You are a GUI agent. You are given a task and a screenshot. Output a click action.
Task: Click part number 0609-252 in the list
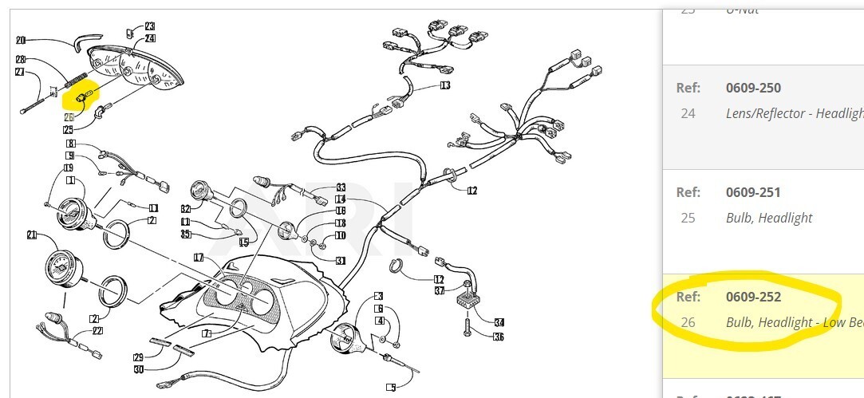tap(753, 298)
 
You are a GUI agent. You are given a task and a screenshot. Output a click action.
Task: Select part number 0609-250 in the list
tap(753, 88)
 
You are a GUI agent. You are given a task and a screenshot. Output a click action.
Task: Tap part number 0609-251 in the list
tap(753, 192)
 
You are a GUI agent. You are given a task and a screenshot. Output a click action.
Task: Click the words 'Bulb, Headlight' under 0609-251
tap(769, 218)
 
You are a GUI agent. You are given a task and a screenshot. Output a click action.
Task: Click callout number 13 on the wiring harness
tap(444, 85)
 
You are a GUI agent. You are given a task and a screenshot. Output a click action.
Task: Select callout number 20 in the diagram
tap(21, 40)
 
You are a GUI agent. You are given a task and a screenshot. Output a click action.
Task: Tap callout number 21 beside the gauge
tap(32, 234)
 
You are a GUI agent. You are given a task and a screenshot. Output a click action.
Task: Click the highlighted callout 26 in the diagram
tap(69, 117)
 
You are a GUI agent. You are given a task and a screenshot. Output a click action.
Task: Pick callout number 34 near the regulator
tap(499, 322)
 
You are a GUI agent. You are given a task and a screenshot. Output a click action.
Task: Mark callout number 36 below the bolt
tap(499, 337)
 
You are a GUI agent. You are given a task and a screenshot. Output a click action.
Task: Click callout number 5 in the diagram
tap(391, 388)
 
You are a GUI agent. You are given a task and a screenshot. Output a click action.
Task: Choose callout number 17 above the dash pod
tap(199, 257)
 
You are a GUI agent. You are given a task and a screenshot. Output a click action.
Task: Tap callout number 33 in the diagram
tap(341, 187)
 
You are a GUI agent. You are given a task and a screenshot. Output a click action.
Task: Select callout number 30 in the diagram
tap(139, 368)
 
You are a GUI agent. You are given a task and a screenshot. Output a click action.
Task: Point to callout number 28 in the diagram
tap(21, 59)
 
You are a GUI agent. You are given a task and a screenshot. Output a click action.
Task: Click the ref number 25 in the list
tap(688, 218)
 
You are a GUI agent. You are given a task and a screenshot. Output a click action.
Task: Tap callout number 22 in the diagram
tap(97, 331)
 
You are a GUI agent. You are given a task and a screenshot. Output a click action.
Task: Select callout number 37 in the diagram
tap(439, 290)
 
